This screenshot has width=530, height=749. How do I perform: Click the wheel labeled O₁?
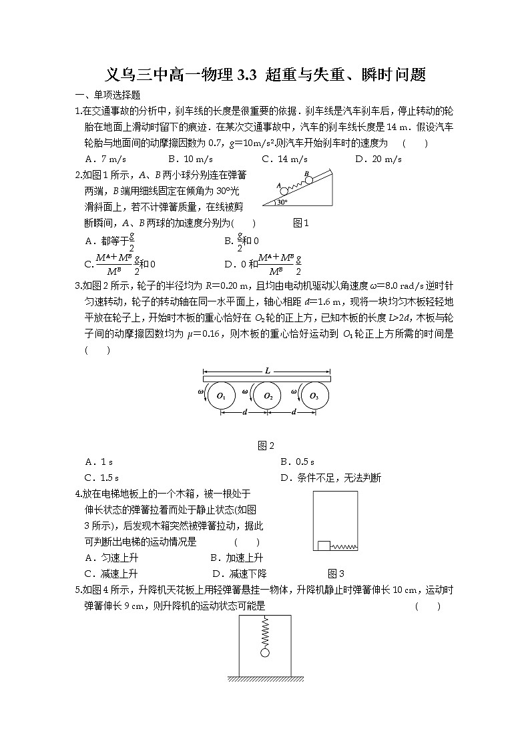coord(222,396)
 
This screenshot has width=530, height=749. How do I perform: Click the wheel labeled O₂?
coord(268,396)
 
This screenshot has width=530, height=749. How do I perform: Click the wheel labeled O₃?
coord(314,396)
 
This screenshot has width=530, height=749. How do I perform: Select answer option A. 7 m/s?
coord(106,159)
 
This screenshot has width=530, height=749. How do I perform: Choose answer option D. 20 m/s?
coord(378,159)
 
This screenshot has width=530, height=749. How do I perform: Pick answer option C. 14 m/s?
coord(284,159)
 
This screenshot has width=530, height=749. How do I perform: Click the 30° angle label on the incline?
coord(283,201)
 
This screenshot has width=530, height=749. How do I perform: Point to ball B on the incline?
coord(308,179)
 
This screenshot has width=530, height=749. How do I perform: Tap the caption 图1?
coord(302,223)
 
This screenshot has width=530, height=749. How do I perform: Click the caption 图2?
coord(266,446)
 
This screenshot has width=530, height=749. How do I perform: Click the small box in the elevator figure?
coord(323,545)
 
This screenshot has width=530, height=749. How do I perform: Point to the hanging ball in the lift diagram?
coord(265,652)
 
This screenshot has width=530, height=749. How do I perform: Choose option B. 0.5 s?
coord(297,462)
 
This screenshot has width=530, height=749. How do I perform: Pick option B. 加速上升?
coord(236,558)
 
